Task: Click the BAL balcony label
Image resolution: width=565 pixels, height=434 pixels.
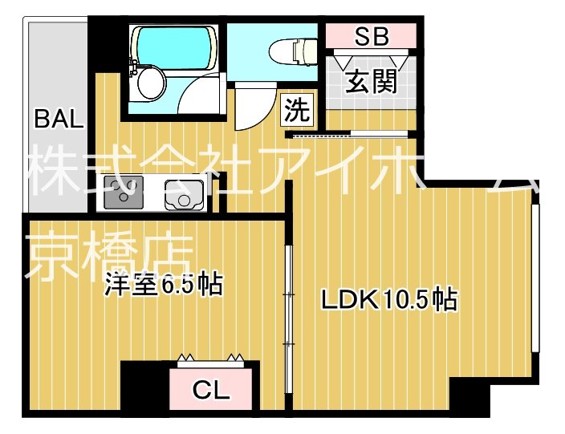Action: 59,121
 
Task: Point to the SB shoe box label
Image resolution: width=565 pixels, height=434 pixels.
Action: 371,37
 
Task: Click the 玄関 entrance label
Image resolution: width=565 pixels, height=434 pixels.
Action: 371,81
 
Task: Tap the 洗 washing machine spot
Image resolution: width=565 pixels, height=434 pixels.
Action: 296,110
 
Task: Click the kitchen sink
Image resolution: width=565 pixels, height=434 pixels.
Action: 180,193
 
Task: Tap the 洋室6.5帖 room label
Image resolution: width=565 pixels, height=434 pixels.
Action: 164,285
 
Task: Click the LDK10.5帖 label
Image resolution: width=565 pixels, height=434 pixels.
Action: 388,299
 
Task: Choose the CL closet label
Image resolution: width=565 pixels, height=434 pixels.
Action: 212,390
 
